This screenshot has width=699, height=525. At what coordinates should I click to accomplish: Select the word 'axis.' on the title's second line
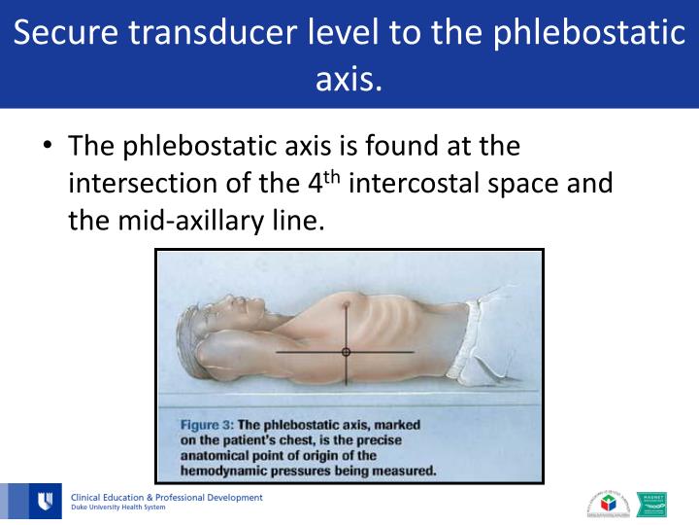(349, 77)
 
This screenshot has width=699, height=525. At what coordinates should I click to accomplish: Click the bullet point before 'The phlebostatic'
(46, 147)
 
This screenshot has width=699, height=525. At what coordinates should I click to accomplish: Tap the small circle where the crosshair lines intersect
(346, 352)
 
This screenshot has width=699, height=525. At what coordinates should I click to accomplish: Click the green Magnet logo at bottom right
(651, 503)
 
